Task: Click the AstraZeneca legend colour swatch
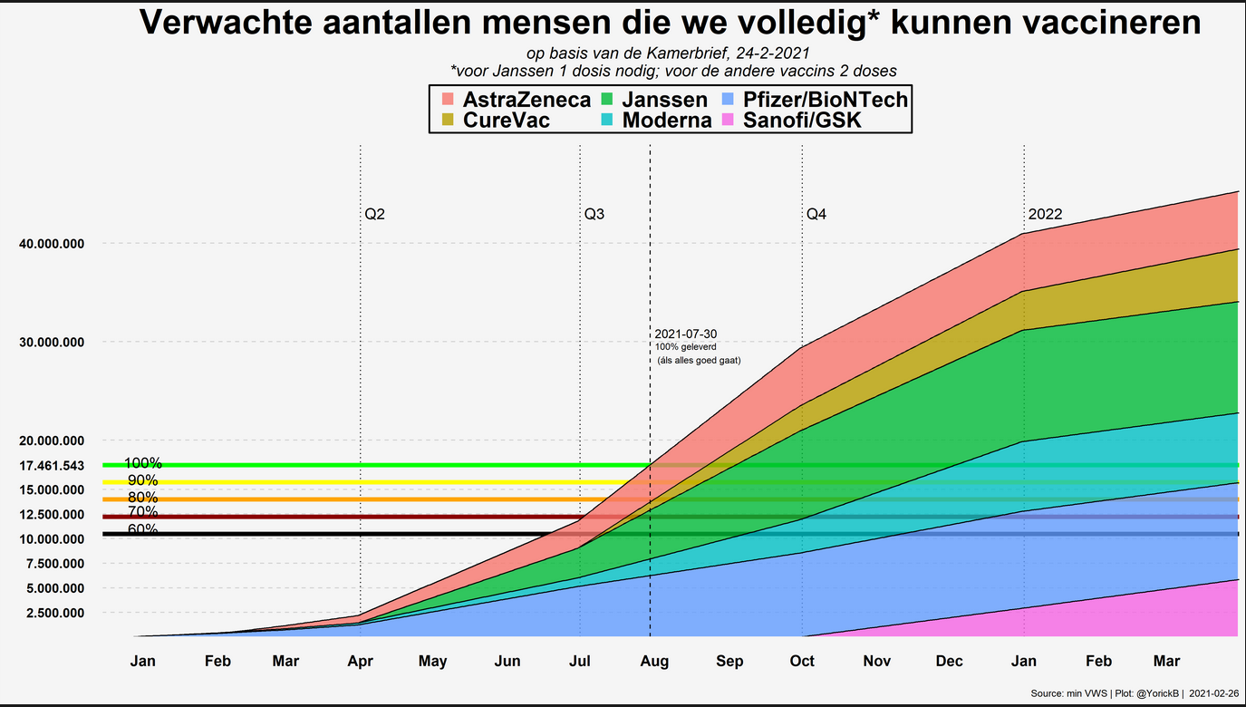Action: click(447, 99)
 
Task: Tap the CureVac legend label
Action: click(506, 120)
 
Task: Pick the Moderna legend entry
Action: click(667, 120)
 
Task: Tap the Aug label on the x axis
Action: click(654, 662)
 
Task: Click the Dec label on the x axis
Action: click(949, 662)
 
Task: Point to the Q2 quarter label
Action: click(375, 215)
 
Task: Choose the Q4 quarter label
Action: click(816, 215)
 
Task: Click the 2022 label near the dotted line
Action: click(1045, 215)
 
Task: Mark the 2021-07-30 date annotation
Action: click(685, 334)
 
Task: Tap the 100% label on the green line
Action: click(142, 463)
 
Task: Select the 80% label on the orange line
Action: click(142, 498)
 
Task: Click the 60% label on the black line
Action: click(142, 530)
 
